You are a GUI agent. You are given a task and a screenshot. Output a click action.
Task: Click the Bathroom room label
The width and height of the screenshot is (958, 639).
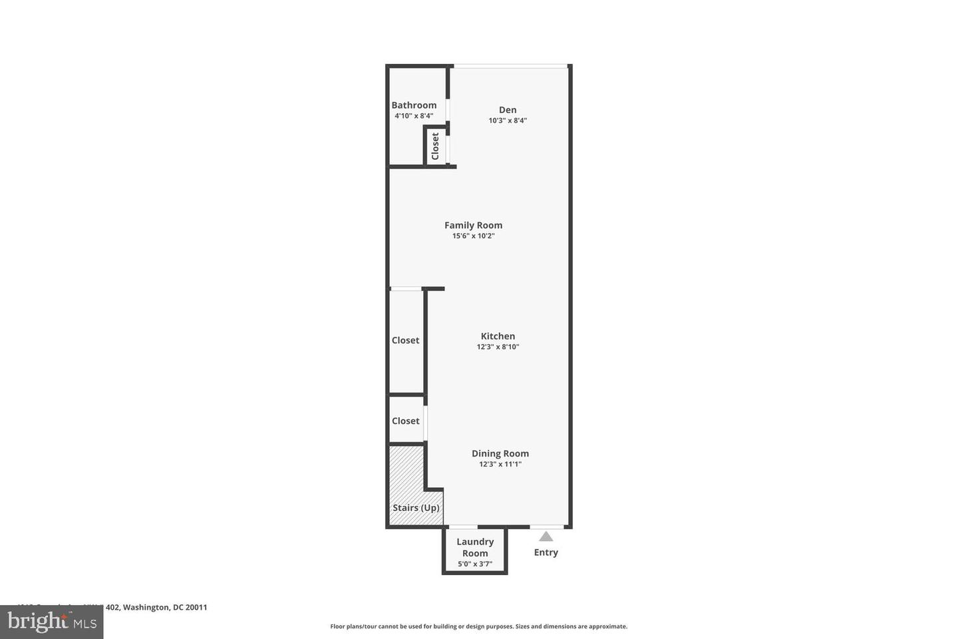pyautogui.click(x=414, y=105)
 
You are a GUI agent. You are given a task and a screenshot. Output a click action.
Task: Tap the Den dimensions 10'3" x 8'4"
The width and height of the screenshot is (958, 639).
pyautogui.click(x=508, y=120)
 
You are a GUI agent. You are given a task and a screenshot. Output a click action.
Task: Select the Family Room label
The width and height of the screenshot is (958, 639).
pyautogui.click(x=473, y=225)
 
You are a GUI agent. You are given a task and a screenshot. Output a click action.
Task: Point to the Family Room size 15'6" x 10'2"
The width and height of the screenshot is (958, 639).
pyautogui.click(x=473, y=236)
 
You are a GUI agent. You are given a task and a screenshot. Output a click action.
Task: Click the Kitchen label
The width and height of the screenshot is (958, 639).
pyautogui.click(x=498, y=336)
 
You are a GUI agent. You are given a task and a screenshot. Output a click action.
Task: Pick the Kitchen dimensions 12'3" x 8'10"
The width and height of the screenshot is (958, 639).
pyautogui.click(x=498, y=347)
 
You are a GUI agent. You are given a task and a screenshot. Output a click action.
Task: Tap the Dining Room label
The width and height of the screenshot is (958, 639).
pyautogui.click(x=500, y=453)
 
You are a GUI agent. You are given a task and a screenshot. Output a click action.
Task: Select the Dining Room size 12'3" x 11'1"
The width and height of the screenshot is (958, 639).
pyautogui.click(x=500, y=464)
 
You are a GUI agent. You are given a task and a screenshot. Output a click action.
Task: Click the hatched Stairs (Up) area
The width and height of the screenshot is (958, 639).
pyautogui.click(x=406, y=479)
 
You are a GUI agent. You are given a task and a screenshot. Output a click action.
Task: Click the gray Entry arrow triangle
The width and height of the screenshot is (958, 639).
pyautogui.click(x=546, y=536)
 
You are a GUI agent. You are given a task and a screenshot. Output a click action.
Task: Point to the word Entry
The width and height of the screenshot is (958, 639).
pyautogui.click(x=546, y=552)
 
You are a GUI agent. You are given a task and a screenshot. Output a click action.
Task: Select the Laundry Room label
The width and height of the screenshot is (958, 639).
pyautogui.click(x=475, y=547)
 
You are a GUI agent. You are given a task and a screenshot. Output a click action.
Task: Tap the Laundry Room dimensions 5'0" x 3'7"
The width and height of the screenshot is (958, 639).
pyautogui.click(x=475, y=564)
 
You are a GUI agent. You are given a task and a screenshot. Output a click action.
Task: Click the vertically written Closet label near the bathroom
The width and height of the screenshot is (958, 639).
pyautogui.click(x=435, y=146)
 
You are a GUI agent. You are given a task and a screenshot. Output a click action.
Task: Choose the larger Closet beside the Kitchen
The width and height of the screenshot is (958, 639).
pyautogui.click(x=405, y=340)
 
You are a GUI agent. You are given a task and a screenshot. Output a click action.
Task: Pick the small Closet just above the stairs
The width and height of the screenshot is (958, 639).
pyautogui.click(x=405, y=421)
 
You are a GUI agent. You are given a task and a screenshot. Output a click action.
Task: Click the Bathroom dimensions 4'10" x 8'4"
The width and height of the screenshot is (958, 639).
pyautogui.click(x=414, y=116)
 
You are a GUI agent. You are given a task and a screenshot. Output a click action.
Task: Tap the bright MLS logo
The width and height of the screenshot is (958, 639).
pyautogui.click(x=51, y=622)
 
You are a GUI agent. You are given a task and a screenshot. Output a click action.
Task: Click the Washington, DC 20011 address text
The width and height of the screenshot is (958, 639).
pyautogui.click(x=165, y=607)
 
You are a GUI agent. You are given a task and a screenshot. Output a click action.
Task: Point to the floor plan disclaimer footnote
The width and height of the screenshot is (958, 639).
pyautogui.click(x=478, y=626)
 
